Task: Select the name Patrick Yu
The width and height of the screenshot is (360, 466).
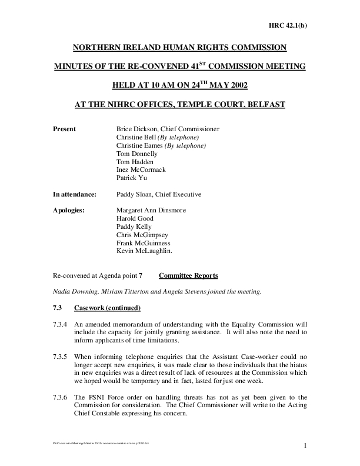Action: click(134, 178)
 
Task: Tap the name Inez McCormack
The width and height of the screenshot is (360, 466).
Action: click(142, 169)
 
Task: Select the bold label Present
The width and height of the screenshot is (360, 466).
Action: click(65, 129)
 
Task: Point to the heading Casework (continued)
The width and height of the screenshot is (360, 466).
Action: click(108, 308)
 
